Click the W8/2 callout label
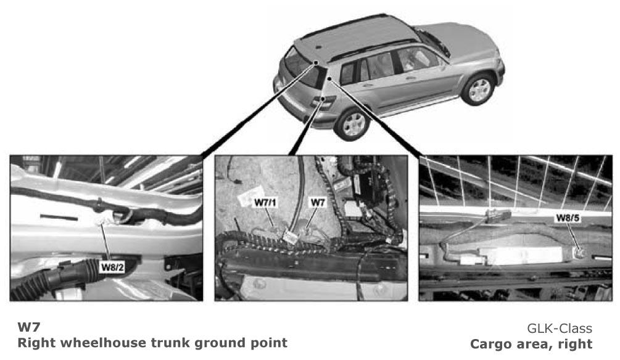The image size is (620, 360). (x=113, y=268)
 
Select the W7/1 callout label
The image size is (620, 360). (x=265, y=203)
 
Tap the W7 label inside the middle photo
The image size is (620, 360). (x=318, y=203)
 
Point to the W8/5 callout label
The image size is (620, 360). (x=568, y=218)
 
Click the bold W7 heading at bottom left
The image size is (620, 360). (x=29, y=327)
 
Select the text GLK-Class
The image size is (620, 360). (x=560, y=329)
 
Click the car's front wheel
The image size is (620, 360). (x=479, y=89)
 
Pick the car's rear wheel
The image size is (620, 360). (x=352, y=124)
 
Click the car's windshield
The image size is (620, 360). (x=434, y=42)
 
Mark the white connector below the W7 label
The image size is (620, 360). (x=291, y=237)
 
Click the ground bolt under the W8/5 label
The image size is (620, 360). (x=579, y=253)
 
